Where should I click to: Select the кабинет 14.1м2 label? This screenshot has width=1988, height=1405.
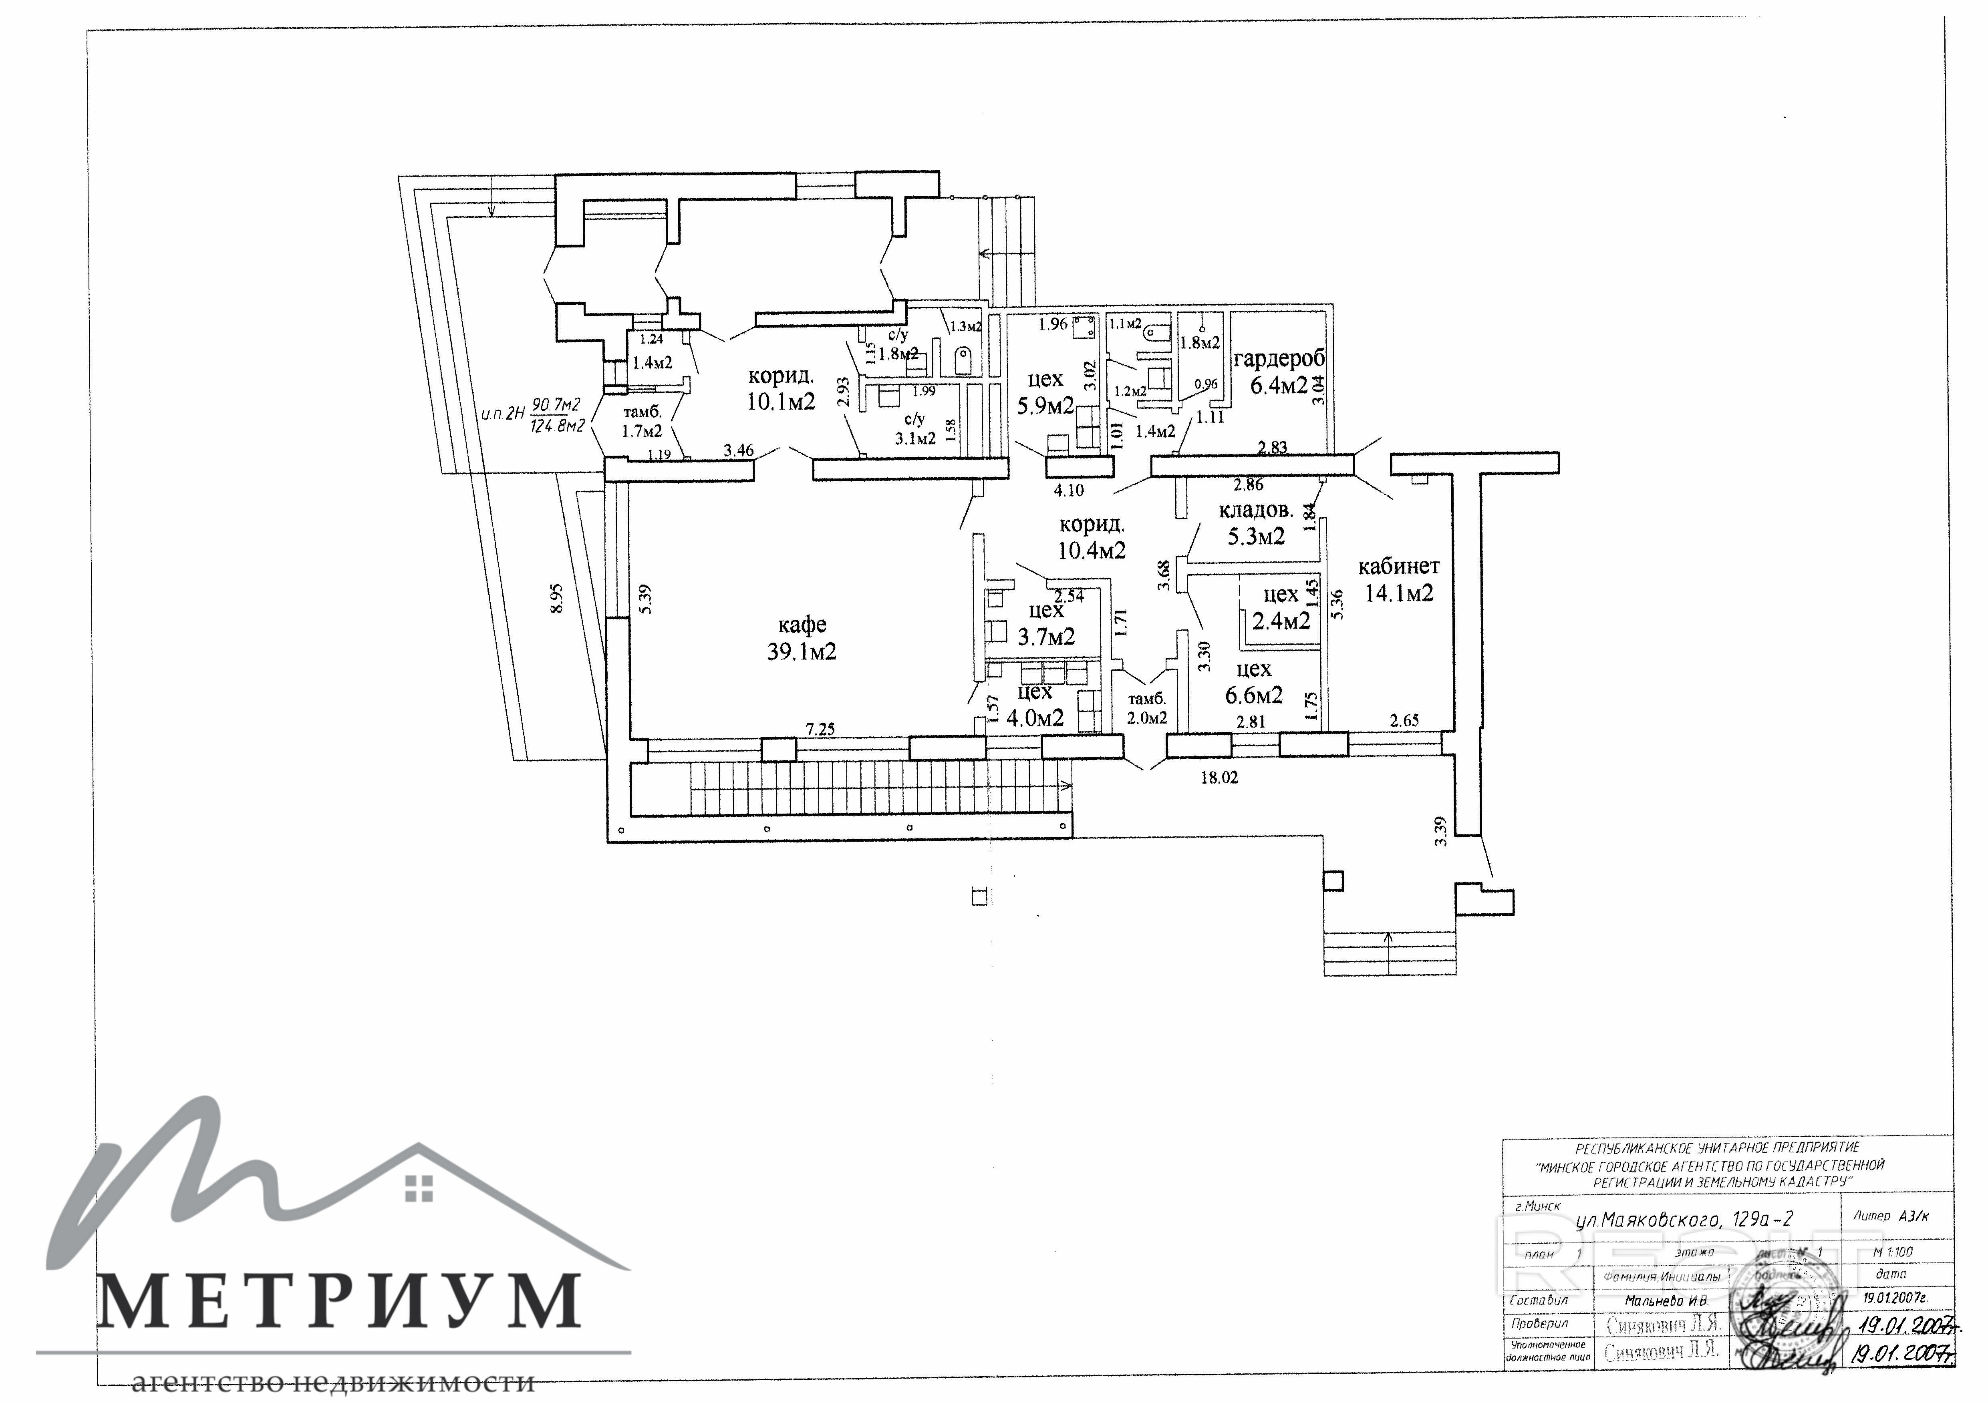pyautogui.click(x=1398, y=579)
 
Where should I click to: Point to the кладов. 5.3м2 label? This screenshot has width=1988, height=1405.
pyautogui.click(x=1255, y=524)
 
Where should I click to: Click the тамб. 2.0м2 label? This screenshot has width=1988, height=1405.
pyautogui.click(x=1146, y=708)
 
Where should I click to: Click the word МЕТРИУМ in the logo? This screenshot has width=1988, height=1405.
pyautogui.click(x=338, y=1301)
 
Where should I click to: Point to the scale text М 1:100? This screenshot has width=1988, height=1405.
pyautogui.click(x=1892, y=1252)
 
